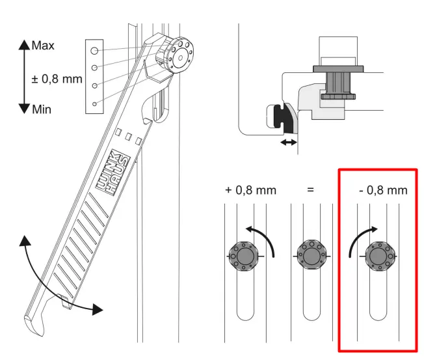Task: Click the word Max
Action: point(44,46)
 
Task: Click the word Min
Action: point(42,110)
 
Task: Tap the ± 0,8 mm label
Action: point(57,79)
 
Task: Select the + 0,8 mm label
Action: point(250,191)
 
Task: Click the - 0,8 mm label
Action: point(383,191)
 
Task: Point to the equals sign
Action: point(310,191)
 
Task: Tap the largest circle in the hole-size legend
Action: point(95,49)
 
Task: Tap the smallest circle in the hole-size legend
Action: point(95,104)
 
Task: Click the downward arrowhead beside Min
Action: point(24,109)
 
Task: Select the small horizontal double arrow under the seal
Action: point(288,141)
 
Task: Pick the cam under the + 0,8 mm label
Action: point(244,256)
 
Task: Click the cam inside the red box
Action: point(378,256)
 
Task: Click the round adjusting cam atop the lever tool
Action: point(178,56)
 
